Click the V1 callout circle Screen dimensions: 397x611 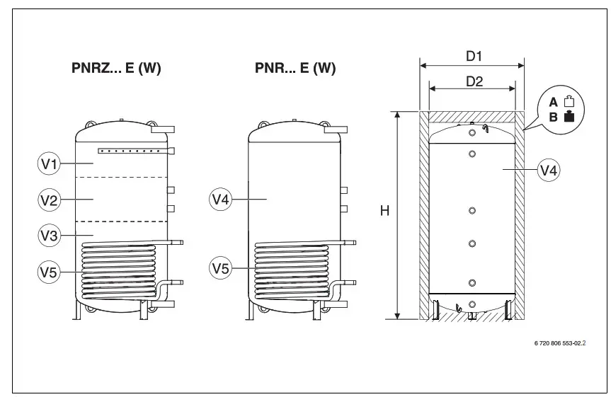[x=49, y=164]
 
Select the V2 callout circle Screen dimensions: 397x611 [x=49, y=200]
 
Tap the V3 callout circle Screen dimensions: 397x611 [x=49, y=236]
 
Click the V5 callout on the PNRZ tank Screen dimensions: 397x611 [x=49, y=270]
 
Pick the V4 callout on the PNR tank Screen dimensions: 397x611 [x=222, y=200]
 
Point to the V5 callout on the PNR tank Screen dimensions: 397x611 [x=222, y=268]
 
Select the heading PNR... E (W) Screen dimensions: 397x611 [x=295, y=69]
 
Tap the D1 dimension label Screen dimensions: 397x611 [x=472, y=54]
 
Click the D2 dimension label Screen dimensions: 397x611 [x=474, y=81]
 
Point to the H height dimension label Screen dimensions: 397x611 [x=384, y=211]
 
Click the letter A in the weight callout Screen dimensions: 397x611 [x=554, y=103]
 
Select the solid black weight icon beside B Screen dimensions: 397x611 [x=568, y=117]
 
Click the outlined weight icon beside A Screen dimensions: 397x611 [x=568, y=103]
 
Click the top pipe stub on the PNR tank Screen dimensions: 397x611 [x=336, y=129]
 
